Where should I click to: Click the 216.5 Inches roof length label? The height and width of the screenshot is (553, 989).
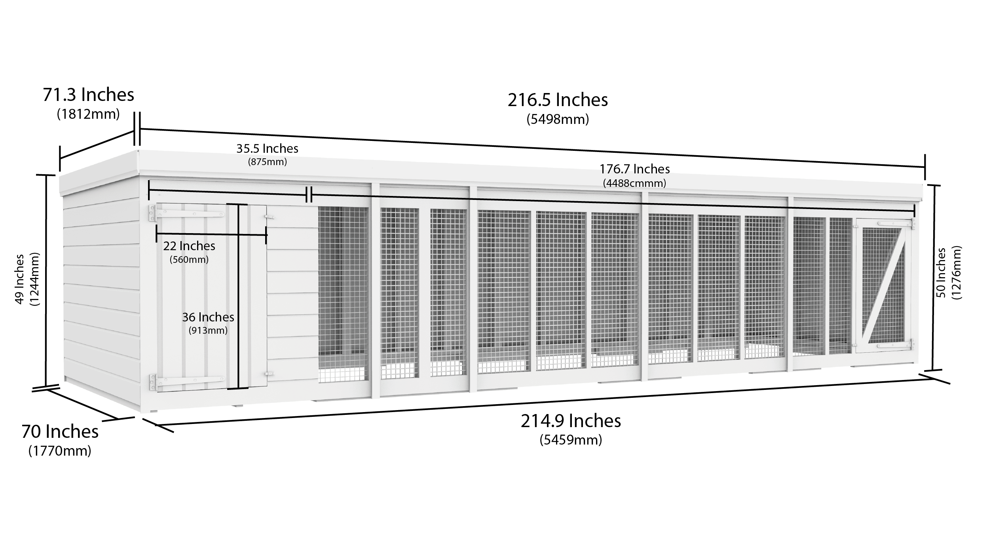(x=558, y=100)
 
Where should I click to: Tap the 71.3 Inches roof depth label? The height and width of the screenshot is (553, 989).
(x=89, y=95)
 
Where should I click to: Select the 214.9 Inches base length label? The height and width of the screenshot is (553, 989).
(x=571, y=421)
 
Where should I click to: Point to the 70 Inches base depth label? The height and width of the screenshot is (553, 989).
(x=60, y=432)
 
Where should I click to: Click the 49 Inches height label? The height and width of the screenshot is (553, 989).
(x=20, y=279)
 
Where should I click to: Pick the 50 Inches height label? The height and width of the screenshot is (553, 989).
(x=941, y=273)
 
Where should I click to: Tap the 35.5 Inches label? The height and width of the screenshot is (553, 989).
(x=268, y=149)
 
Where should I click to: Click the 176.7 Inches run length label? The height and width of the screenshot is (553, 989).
(x=635, y=169)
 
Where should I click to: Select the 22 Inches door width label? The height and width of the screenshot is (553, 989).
(x=189, y=246)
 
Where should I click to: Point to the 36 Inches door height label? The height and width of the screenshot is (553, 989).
(x=208, y=317)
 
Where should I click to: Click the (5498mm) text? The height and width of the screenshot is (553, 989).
(x=558, y=119)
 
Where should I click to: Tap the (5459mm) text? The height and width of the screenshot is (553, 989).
(x=571, y=440)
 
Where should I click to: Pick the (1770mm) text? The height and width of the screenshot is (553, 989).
(x=60, y=451)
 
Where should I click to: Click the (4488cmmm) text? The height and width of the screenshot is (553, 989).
(x=635, y=183)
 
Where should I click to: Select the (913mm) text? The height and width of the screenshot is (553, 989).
(x=208, y=331)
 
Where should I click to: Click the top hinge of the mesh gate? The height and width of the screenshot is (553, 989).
(x=897, y=224)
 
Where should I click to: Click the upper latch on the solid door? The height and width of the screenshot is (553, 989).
(x=269, y=217)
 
